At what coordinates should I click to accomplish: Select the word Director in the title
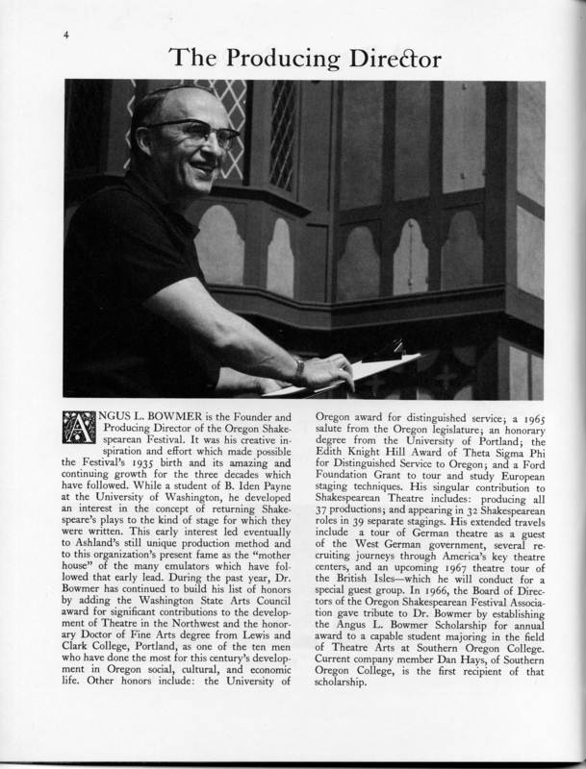coord(394,60)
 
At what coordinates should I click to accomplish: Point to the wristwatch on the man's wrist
coord(298,369)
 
